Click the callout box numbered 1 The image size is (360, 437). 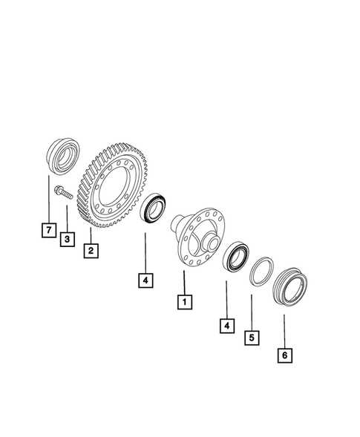tap(182, 302)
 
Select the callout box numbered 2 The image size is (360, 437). tap(90, 251)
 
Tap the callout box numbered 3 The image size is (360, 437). tap(68, 239)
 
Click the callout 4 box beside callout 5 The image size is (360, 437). tap(225, 325)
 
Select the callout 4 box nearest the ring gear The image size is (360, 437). tap(145, 280)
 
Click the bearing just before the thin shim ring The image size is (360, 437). tap(236, 256)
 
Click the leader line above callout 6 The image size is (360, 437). tap(284, 330)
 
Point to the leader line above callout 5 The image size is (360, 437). tap(252, 312)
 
